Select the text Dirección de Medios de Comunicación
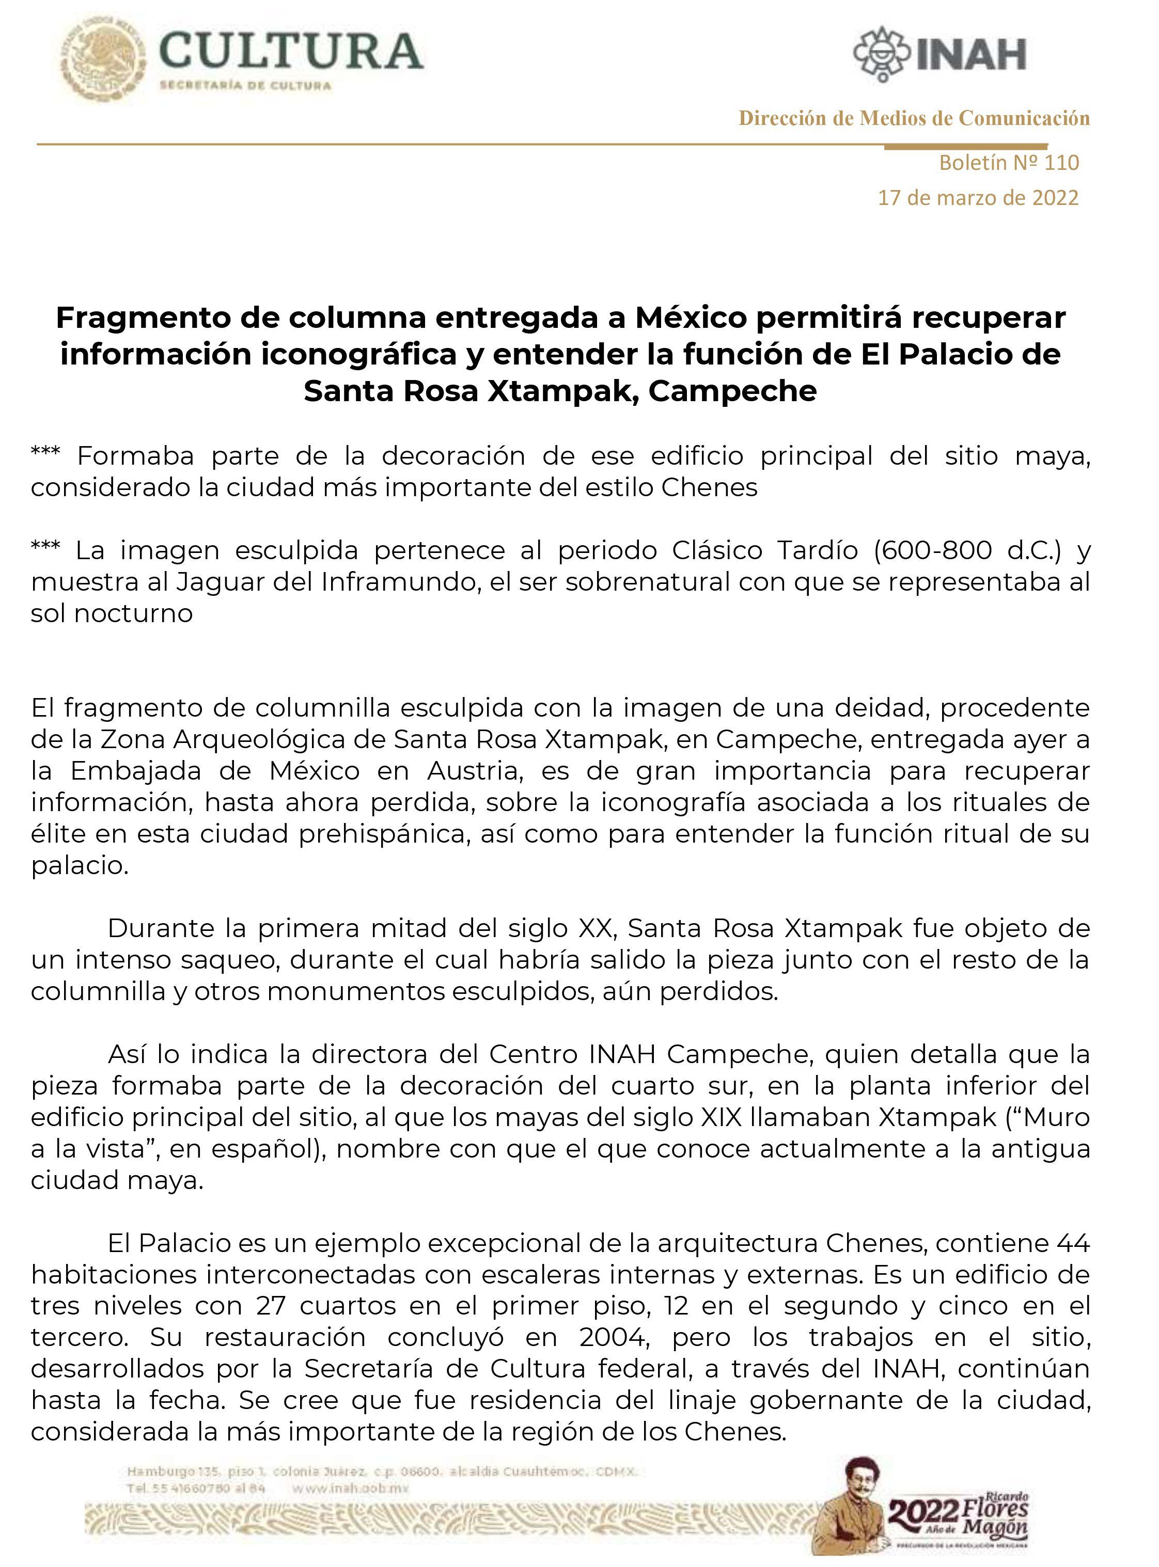[914, 118]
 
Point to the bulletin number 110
[1061, 163]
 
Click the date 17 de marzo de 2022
[978, 198]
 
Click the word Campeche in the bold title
[732, 391]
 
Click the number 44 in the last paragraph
[1073, 1244]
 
